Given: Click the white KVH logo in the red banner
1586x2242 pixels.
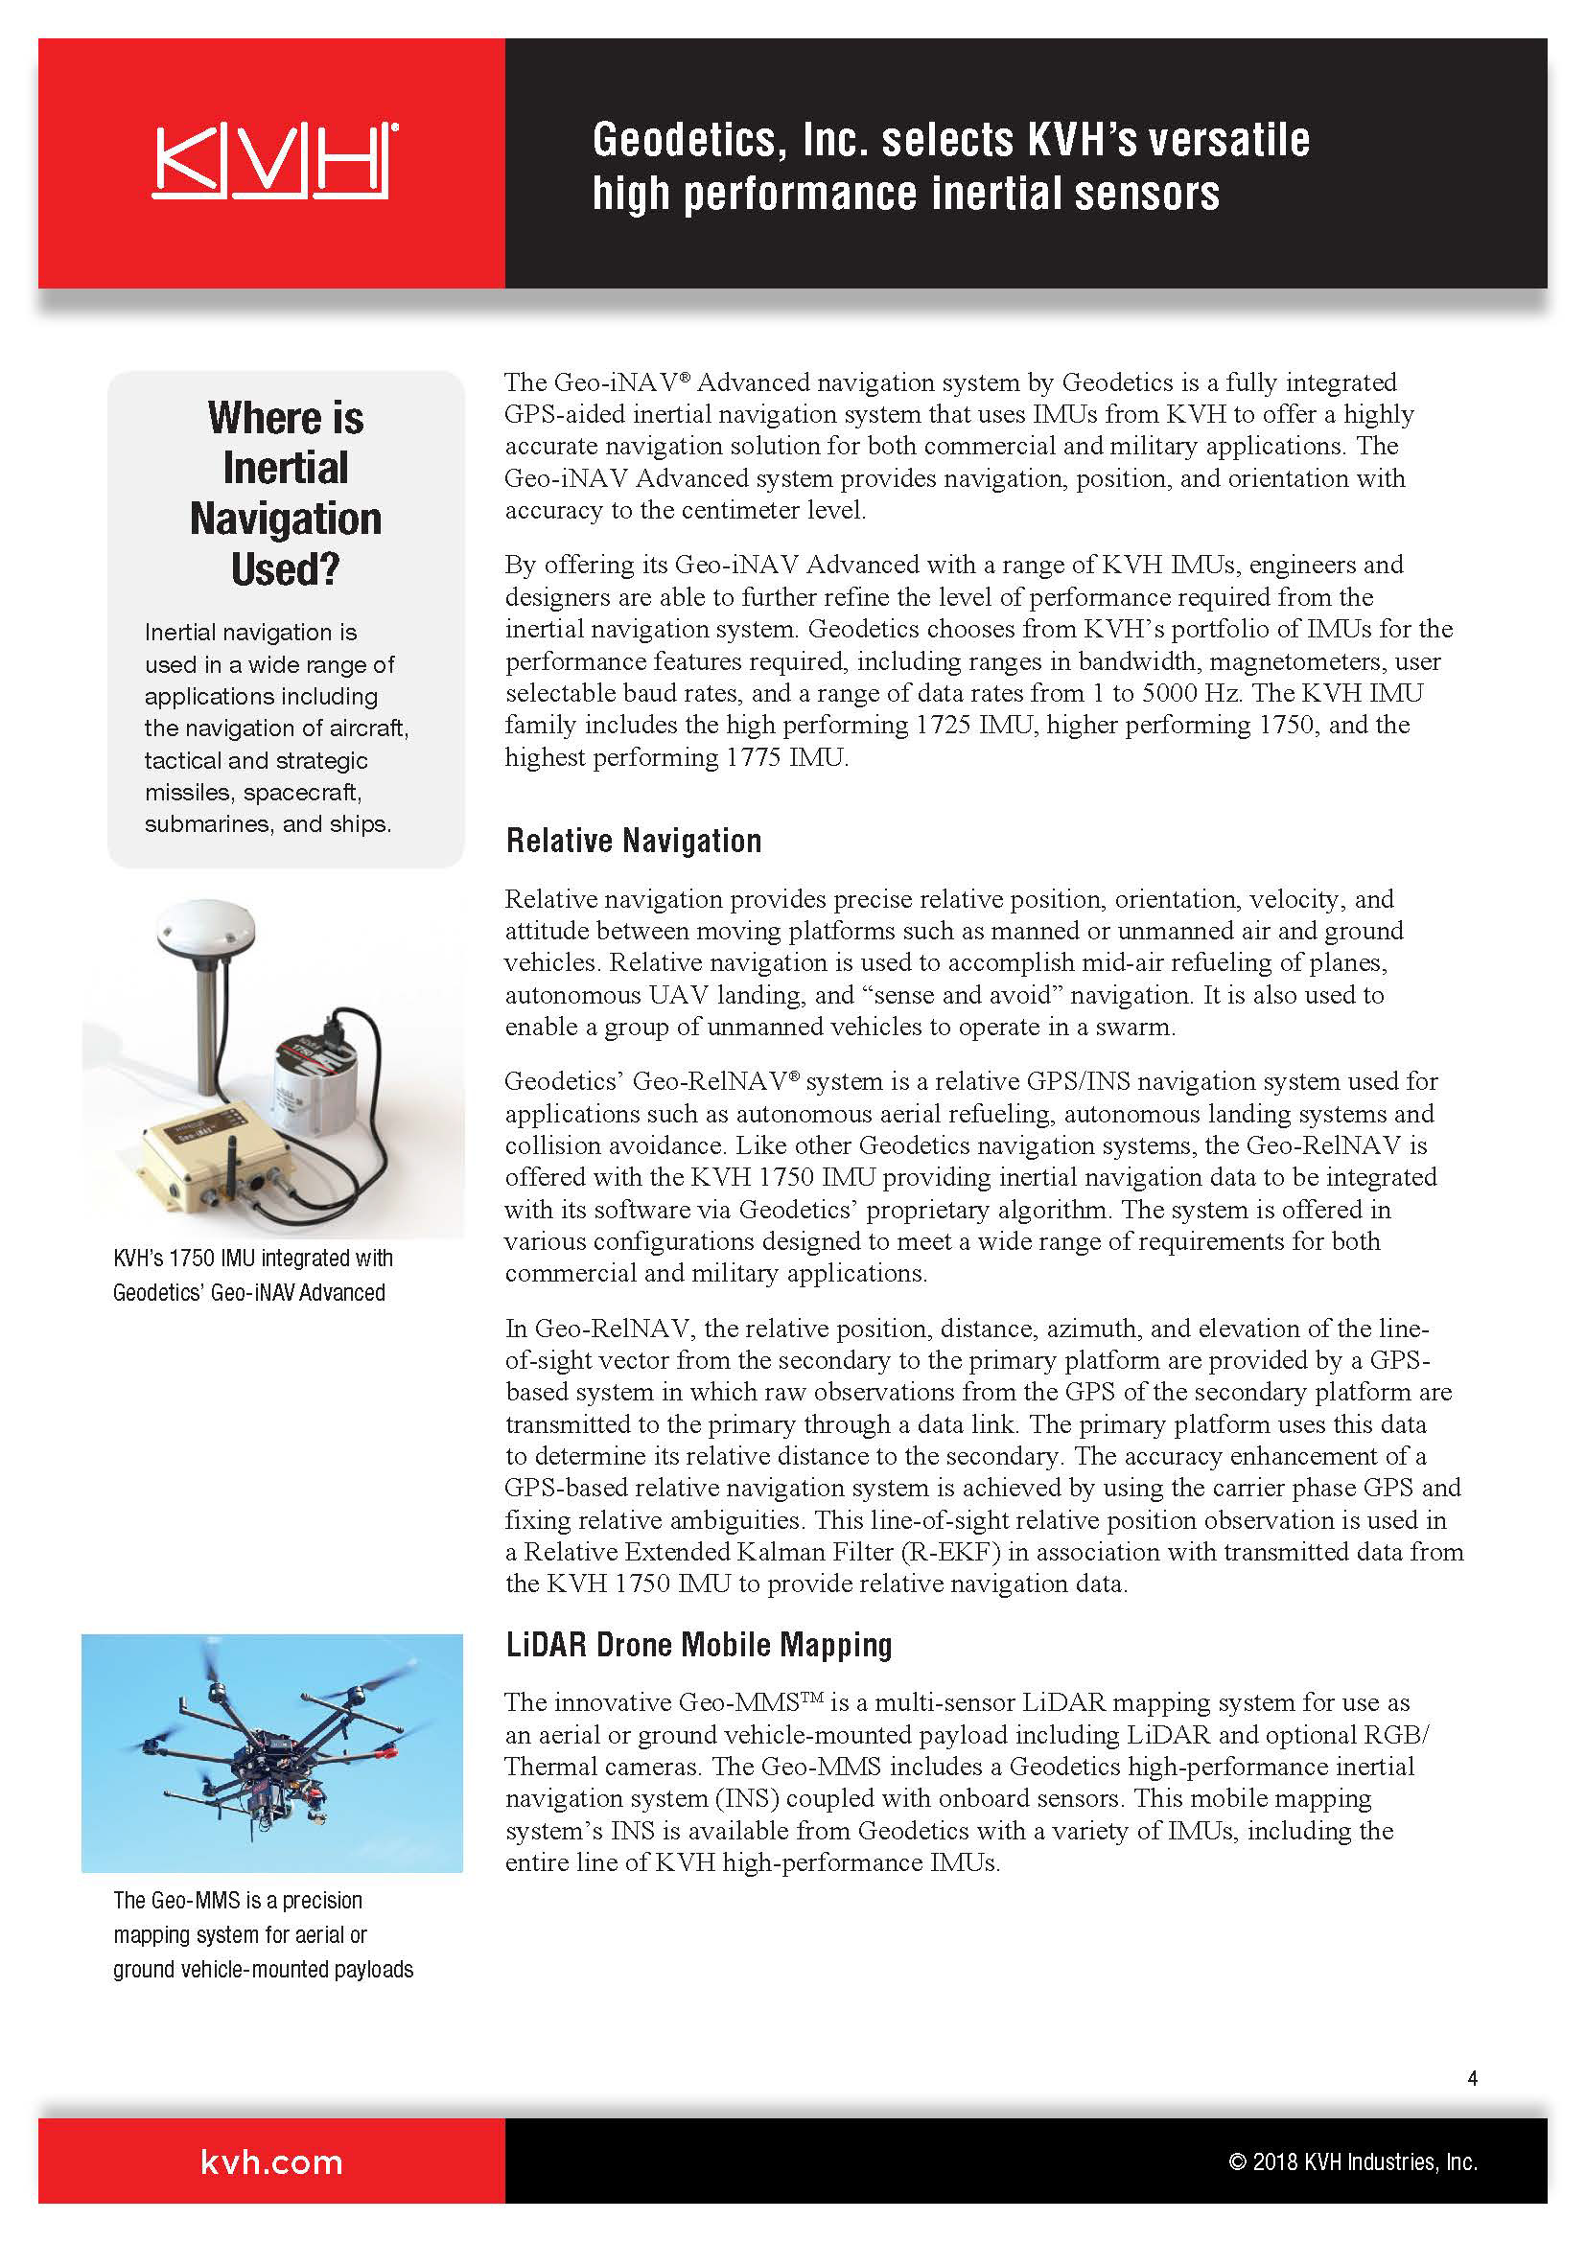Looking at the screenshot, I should click(x=274, y=161).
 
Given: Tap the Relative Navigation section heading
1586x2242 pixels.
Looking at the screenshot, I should click(x=633, y=841).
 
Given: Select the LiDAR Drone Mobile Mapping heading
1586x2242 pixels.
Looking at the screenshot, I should click(x=698, y=1645).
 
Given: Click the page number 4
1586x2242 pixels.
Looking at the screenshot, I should click(x=1472, y=2078).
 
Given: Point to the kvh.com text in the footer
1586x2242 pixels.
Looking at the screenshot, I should click(x=271, y=2161).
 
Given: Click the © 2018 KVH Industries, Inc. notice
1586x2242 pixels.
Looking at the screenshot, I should click(x=1353, y=2161).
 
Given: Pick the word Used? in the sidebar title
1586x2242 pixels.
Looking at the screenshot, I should click(x=285, y=569).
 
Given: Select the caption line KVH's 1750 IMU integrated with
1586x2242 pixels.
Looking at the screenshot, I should click(x=253, y=1258).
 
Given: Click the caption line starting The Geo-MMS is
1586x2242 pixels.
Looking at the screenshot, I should click(x=237, y=1900).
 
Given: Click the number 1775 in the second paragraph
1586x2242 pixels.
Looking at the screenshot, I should click(x=753, y=758).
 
